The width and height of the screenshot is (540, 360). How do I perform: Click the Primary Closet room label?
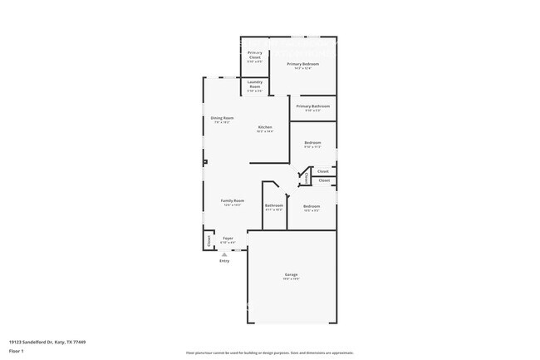[x=254, y=55]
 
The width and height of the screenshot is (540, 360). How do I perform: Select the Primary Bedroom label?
[x=303, y=64]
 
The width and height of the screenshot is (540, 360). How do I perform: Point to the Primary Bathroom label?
[x=313, y=106]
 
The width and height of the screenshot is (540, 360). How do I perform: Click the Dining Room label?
[x=222, y=118]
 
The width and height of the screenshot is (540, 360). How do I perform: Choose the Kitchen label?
[x=264, y=127]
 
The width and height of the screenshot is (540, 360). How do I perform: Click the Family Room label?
[x=232, y=201]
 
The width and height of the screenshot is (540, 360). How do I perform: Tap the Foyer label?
[x=228, y=238]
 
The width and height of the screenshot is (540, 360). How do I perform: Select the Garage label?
[x=292, y=274]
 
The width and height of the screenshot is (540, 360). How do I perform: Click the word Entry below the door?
[x=224, y=261]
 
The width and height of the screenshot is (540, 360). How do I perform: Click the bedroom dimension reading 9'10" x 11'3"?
[x=312, y=147]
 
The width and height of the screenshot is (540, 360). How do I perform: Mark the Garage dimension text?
[x=292, y=279]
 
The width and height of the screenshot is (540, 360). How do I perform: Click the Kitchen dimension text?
[x=264, y=132]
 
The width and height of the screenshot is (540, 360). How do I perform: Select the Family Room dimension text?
[x=232, y=206]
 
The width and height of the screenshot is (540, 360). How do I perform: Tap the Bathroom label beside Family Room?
[x=274, y=205]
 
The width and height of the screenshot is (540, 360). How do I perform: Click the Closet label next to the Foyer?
[x=209, y=240]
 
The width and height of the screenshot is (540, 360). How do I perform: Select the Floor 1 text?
[x=17, y=350]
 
